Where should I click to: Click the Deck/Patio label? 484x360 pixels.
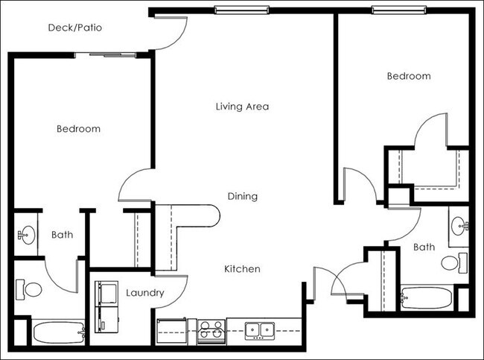click(74, 28)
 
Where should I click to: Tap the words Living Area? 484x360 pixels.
click(242, 107)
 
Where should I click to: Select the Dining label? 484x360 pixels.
click(242, 197)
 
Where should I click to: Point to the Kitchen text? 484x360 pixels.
click(242, 268)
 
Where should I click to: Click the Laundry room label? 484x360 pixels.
click(144, 293)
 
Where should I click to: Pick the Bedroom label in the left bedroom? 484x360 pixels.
click(78, 129)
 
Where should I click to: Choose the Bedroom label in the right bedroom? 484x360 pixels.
click(408, 76)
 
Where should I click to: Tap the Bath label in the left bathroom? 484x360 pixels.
click(63, 235)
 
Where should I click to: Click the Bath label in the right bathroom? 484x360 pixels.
click(424, 247)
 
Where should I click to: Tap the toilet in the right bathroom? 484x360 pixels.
click(452, 262)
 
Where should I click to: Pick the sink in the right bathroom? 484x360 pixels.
click(459, 224)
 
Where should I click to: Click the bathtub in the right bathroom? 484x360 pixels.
click(426, 299)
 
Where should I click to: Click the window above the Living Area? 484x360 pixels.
click(240, 10)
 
